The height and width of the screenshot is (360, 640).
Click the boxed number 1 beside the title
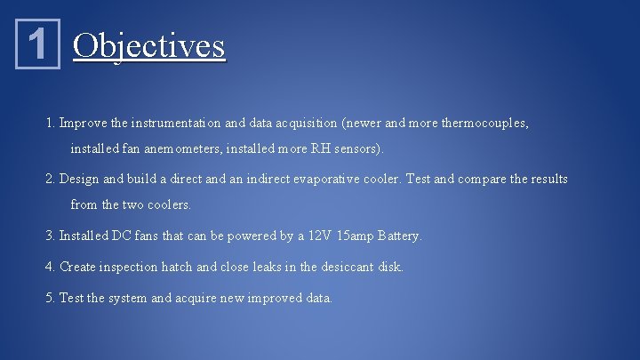(36, 44)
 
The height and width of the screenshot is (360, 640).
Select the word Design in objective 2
(80, 179)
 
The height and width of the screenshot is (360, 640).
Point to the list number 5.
(50, 298)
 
